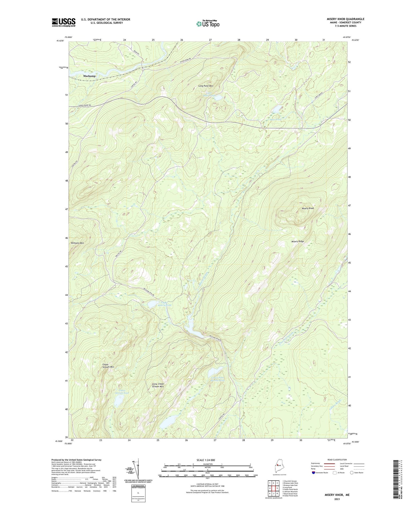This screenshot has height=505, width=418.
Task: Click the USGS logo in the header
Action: (64, 22)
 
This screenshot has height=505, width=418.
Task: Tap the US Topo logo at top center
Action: (208, 24)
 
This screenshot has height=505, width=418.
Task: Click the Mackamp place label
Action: (89, 76)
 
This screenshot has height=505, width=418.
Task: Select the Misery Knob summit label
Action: (308, 208)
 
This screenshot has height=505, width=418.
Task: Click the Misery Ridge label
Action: (298, 241)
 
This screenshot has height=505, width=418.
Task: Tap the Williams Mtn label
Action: (77, 243)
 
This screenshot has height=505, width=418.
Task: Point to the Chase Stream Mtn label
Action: (108, 366)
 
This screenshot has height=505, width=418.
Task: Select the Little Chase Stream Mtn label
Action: (158, 385)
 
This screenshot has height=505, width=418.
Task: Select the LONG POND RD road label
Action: (85, 105)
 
